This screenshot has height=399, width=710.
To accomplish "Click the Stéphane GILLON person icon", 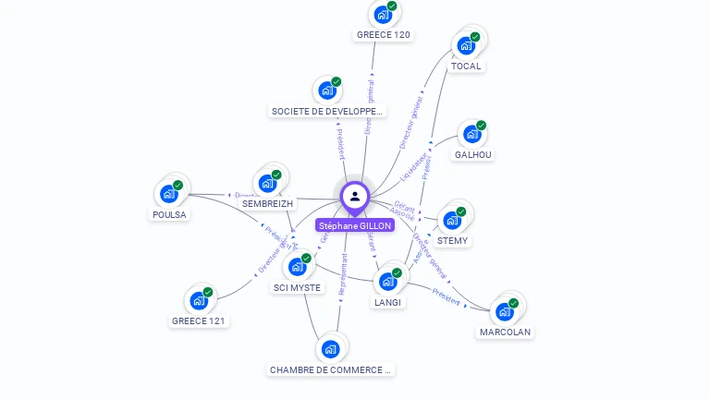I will (355, 196).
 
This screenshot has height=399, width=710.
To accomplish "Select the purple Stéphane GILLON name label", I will (355, 225).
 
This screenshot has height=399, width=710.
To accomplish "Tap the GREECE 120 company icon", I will (382, 15).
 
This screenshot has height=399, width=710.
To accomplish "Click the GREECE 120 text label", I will (384, 35).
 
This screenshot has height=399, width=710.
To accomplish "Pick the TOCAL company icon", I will (465, 46).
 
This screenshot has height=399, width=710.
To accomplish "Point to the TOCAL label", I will (466, 66).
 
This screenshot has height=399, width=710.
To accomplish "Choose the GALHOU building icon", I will (471, 135).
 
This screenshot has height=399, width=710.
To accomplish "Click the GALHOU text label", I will (473, 155).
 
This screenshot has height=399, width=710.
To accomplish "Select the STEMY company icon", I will (451, 221).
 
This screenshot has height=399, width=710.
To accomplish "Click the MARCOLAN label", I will (506, 332).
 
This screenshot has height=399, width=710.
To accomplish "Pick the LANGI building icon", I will (387, 282).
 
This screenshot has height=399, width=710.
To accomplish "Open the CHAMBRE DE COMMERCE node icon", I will (330, 349).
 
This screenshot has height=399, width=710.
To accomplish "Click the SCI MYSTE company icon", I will (297, 267).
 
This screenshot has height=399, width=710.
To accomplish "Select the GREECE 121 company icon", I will (198, 301).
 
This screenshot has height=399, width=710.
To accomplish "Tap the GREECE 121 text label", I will (199, 321).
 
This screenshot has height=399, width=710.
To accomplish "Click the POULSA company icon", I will (168, 194).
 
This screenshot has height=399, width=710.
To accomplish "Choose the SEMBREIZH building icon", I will (267, 183).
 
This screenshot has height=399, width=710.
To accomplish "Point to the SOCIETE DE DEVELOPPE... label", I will (327, 111).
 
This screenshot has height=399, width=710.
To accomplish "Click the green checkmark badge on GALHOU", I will (481, 126).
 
